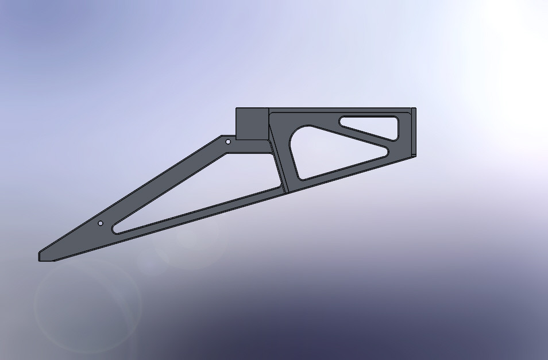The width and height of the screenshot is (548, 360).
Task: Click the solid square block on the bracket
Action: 252,124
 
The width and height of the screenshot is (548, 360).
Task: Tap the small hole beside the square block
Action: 228,141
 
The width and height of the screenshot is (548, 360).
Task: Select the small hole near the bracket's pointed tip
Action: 101,223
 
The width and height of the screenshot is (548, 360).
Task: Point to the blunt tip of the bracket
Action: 40,256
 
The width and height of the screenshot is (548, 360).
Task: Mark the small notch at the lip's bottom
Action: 414,155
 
